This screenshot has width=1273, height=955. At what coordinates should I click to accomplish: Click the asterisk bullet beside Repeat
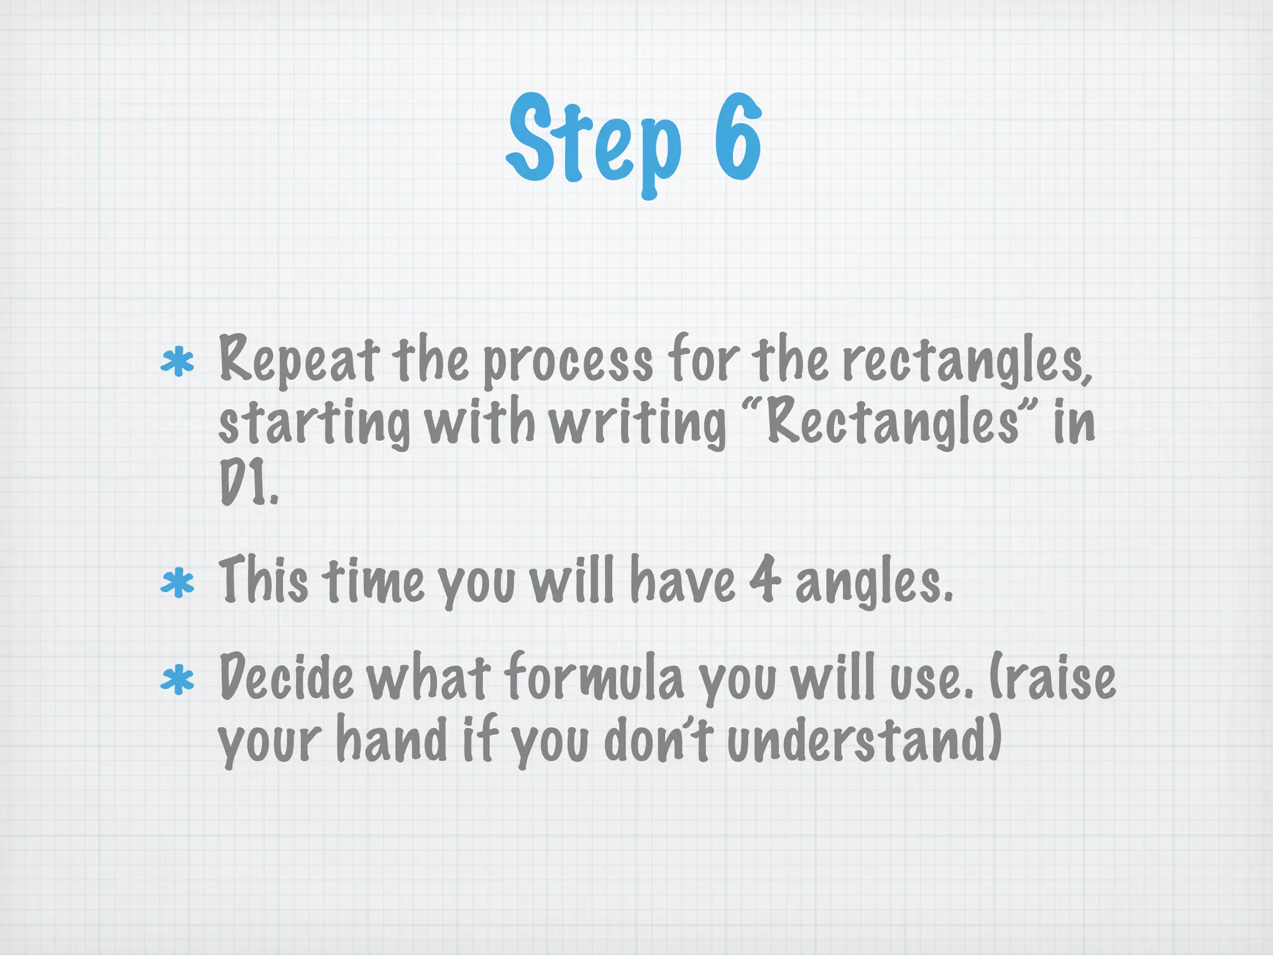(x=177, y=362)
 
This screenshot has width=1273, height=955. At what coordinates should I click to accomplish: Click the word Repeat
(x=298, y=361)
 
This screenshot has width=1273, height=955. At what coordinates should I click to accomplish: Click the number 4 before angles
(x=765, y=580)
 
